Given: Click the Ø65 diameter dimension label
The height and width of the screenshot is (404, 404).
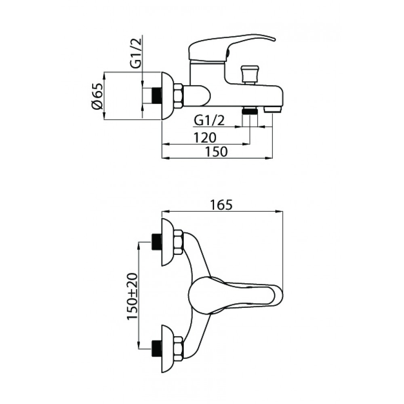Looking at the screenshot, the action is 97,96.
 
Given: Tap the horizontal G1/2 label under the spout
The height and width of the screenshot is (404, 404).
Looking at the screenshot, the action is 209,120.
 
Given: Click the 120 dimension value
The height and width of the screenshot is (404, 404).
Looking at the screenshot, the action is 205,138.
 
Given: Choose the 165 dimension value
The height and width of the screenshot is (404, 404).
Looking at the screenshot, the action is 221,205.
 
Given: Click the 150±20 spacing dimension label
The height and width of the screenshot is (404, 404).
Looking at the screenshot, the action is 133,296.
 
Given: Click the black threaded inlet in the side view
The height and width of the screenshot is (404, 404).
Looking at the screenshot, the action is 156,96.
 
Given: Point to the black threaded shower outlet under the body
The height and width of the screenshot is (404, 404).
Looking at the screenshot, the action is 250,111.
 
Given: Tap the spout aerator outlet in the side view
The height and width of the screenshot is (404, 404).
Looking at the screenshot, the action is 273,110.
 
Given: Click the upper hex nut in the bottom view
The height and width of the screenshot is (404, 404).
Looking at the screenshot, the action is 179,242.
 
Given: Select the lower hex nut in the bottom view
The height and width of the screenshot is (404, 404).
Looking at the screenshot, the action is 179,348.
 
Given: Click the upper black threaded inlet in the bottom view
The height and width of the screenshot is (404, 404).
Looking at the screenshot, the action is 157,242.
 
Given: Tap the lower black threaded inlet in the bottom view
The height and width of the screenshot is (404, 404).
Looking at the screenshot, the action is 157,348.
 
